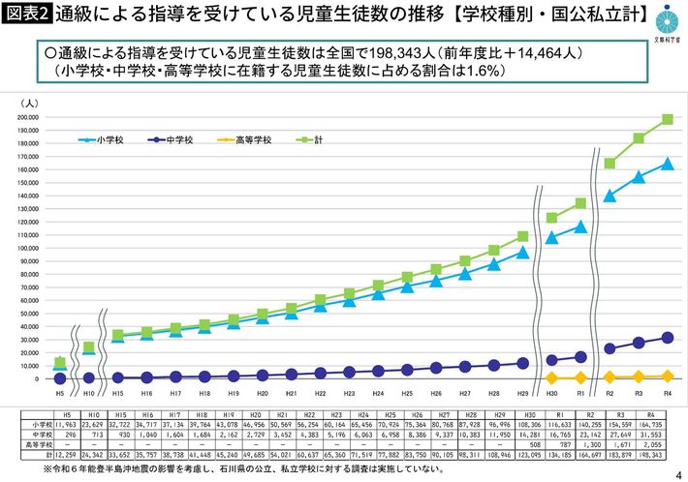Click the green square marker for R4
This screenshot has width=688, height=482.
(668, 120)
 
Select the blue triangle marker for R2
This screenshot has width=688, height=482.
(610, 196)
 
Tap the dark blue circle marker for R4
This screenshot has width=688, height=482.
(668, 338)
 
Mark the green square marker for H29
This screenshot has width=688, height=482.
(523, 236)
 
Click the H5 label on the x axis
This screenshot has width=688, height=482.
(59, 394)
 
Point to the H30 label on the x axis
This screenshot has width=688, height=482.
(551, 394)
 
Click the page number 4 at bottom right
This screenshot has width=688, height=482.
(675, 473)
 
